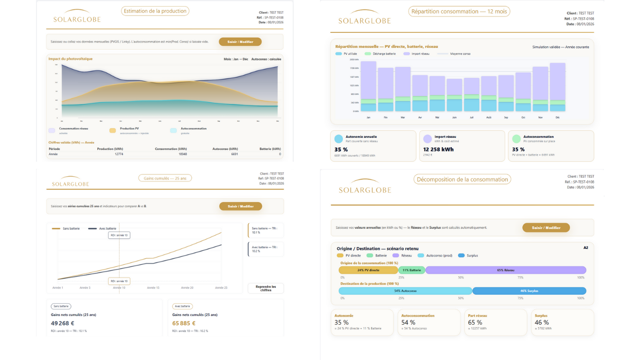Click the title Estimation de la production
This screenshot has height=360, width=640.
(x=155, y=11)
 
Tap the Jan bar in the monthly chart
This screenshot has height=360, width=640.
(x=368, y=86)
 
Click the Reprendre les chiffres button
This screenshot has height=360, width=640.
(x=266, y=288)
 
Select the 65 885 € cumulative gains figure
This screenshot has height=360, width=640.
(x=184, y=323)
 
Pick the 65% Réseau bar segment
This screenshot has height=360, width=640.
(x=506, y=270)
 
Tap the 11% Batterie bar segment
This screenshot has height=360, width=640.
(x=412, y=270)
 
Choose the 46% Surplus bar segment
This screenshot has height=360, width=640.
(x=529, y=291)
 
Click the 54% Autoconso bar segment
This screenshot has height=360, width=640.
(x=405, y=291)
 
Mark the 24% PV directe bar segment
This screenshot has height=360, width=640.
(x=368, y=270)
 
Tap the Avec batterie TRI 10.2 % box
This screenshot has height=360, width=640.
(x=266, y=249)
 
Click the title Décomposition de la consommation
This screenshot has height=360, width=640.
(x=462, y=180)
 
